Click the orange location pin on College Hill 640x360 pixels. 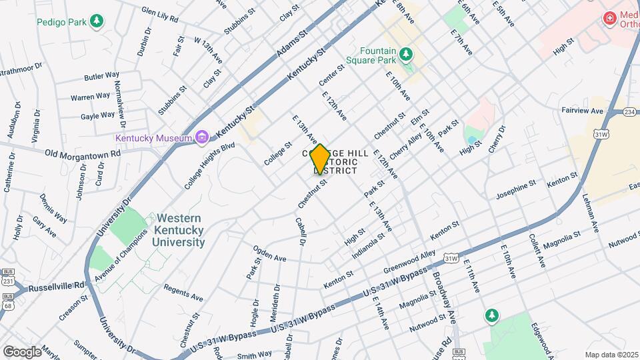[320, 159]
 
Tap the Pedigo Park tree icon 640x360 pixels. [97, 21]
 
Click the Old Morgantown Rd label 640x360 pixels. [83, 153]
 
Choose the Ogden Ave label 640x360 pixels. [269, 254]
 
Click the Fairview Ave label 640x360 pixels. [582, 111]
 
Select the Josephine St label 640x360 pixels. [515, 189]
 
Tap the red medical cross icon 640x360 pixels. [609, 18]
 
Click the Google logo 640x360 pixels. [22, 351]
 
